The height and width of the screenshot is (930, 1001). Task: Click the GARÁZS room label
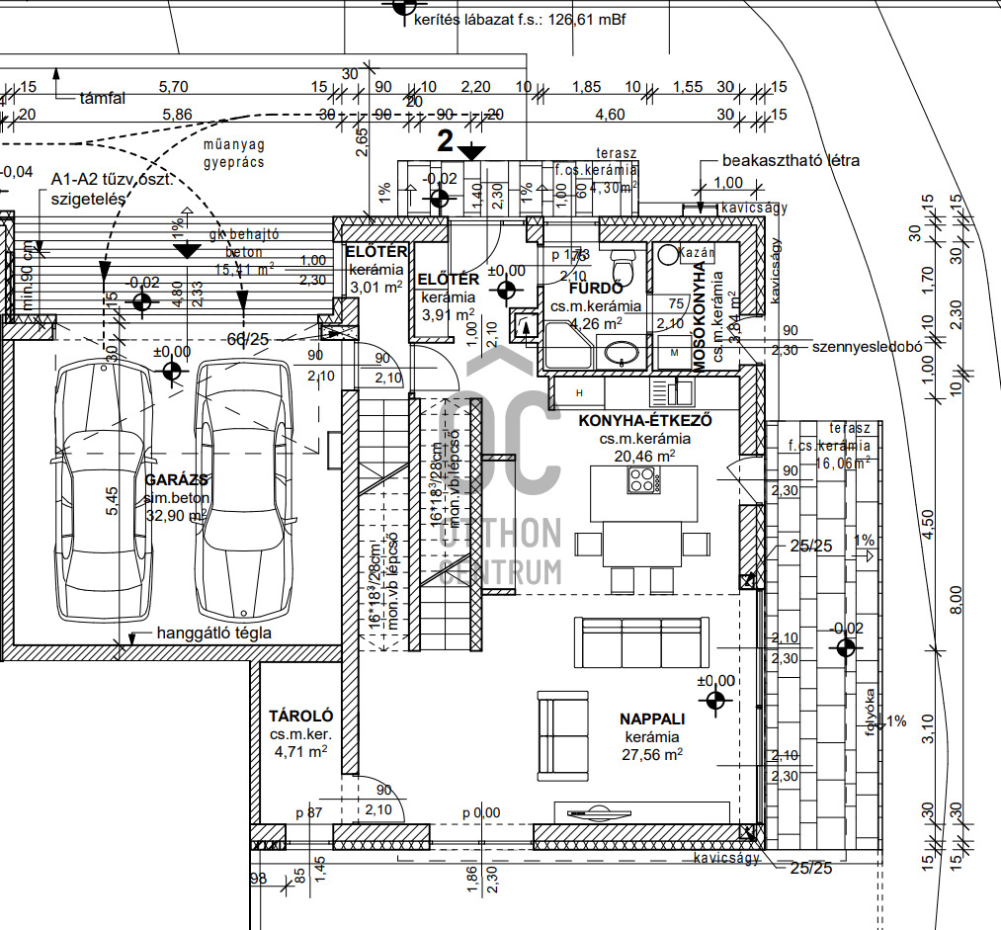pos(176,479)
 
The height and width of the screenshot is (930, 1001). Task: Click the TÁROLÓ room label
pos(300,716)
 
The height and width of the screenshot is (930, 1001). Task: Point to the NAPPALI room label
pos(652,719)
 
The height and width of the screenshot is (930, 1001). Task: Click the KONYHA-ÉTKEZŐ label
pos(645,420)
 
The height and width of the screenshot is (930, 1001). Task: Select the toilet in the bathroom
pos(623,266)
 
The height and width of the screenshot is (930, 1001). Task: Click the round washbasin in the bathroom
pos(621,352)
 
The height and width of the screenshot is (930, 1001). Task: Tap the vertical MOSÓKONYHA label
pos(700,309)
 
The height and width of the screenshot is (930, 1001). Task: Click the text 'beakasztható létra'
pos(791,160)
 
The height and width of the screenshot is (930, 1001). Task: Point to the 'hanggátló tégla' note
pos(213,633)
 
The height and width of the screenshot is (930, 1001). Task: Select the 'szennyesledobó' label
pos(866,347)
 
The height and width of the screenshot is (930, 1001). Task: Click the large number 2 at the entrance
pos(446,141)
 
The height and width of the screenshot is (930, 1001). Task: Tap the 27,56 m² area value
pos(652,754)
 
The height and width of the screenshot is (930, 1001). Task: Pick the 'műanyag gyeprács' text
pos(234,154)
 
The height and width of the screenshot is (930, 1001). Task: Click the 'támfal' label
pos(104,98)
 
